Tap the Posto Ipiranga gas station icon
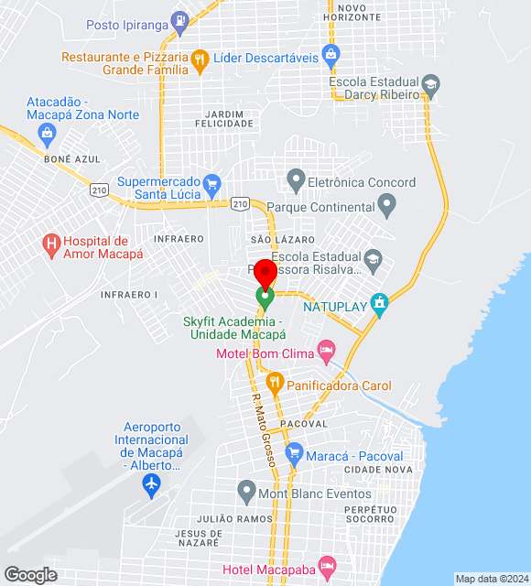(x=180, y=19)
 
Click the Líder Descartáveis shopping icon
(x=331, y=53)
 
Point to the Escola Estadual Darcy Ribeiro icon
(x=429, y=87)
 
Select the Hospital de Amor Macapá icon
(x=51, y=244)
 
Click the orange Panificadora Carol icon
(x=273, y=382)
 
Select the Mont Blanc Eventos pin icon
(x=245, y=492)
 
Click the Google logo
(x=30, y=575)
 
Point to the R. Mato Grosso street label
(x=264, y=430)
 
